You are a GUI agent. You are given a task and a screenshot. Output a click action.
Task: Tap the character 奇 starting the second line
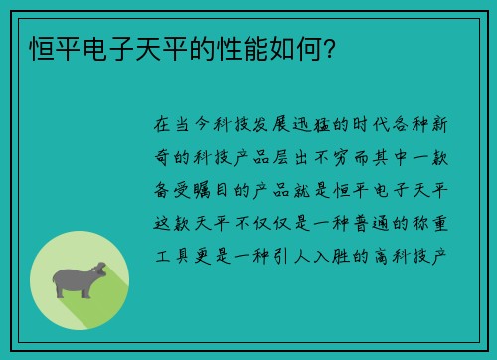(x=163, y=156)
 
